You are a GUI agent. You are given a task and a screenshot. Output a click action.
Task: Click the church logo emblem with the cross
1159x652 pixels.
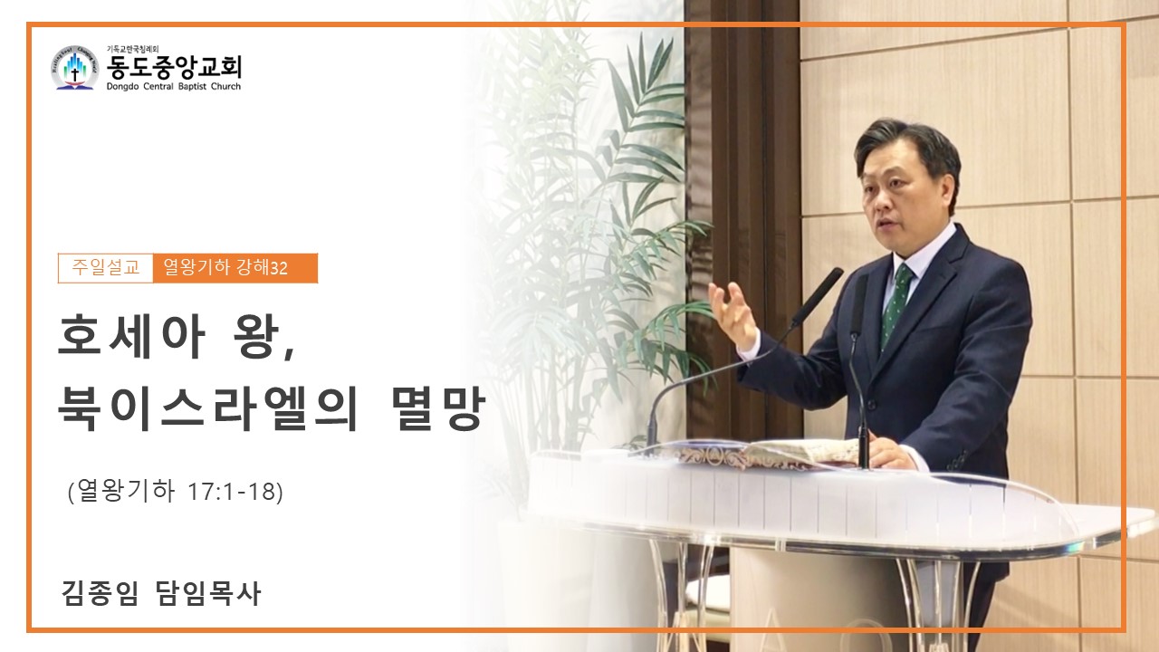[74, 68]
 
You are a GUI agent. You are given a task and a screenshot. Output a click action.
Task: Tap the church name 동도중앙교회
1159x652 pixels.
[174, 67]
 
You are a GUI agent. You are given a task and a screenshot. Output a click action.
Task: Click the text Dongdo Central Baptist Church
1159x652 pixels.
[174, 86]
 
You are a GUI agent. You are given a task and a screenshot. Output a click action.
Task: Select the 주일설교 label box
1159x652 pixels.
[106, 268]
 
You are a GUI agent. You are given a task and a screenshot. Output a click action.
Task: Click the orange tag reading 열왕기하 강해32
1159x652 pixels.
[235, 268]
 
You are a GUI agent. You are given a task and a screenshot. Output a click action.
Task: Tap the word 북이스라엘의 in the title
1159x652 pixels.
[208, 408]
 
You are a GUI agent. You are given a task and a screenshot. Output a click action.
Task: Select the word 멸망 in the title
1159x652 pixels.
[437, 408]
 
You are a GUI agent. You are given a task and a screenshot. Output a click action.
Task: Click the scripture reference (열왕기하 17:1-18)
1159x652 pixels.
[176, 491]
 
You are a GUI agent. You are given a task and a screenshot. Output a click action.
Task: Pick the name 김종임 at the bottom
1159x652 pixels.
[100, 593]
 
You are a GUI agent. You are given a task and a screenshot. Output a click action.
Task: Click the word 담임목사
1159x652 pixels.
[207, 593]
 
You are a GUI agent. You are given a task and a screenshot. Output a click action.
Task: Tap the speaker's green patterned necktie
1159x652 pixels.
[896, 304]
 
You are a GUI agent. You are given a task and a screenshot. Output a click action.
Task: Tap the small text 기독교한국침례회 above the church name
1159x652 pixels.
[132, 49]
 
